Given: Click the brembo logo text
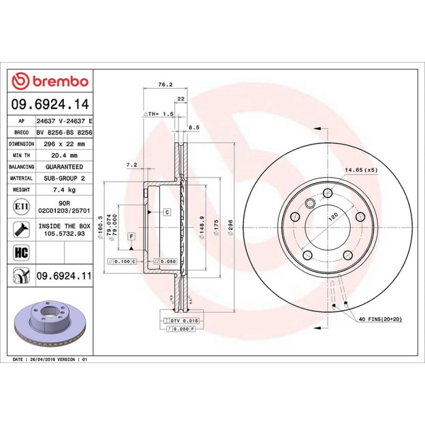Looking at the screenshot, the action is point(61,81).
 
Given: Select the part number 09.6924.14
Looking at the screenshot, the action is point(50,105).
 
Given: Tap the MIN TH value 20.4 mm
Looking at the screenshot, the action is point(64,155).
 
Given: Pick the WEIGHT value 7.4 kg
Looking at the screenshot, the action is point(64,190).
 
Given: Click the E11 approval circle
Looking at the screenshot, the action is point(21,207).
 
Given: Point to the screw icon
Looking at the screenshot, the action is point(21,230).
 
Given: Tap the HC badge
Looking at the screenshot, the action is point(21,252).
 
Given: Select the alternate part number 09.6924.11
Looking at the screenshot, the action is point(64,276).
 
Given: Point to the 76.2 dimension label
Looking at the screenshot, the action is point(165,85).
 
